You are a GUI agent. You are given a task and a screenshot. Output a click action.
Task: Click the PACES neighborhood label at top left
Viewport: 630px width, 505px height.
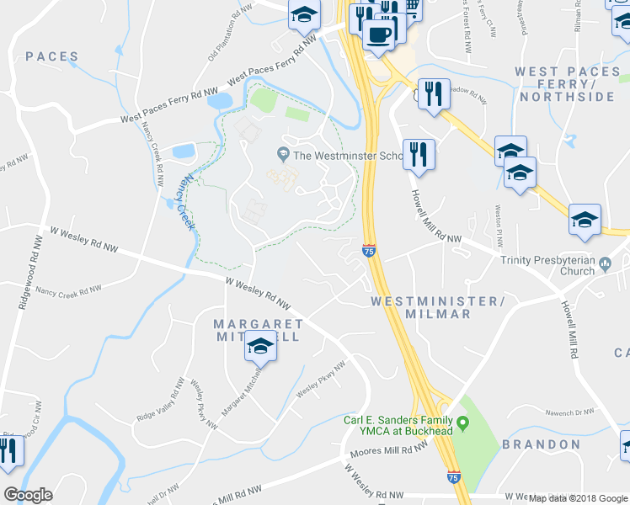click(x=52, y=57)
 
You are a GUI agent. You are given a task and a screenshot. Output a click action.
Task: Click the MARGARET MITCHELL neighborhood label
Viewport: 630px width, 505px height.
click(x=258, y=330)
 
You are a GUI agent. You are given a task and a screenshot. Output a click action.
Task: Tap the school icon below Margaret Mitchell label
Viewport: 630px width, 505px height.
click(x=261, y=347)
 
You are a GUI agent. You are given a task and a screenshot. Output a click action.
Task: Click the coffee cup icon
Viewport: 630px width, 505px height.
click(x=378, y=35)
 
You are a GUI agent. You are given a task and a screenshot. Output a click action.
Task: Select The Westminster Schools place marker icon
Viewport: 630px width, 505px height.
click(x=282, y=155)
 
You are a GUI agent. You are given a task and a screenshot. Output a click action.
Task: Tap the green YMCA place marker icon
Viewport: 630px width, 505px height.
click(x=462, y=420)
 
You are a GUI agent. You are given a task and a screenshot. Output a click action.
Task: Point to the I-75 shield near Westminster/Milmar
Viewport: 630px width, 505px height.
click(x=368, y=250)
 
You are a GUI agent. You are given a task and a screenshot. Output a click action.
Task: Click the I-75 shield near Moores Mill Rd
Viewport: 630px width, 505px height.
click(x=453, y=476)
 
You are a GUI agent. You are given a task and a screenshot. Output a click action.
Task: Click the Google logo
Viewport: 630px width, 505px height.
click(x=28, y=495)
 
